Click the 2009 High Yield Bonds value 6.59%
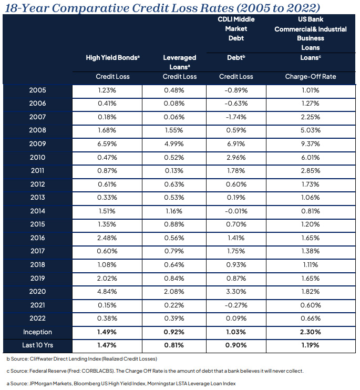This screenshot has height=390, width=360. pos(107,144)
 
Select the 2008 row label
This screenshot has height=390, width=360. pos(37,130)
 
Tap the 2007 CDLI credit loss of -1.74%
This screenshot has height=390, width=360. pos(236,117)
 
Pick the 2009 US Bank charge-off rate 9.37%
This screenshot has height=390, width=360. pos(310,144)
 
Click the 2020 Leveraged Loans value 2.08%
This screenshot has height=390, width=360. pos(174,292)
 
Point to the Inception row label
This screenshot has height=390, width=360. pos(37,332)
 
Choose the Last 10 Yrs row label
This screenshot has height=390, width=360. pos(37,345)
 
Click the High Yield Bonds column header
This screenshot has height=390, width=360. pos(112,58)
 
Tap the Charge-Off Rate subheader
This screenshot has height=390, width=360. pos(311,77)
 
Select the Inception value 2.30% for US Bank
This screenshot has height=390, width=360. pos(310,332)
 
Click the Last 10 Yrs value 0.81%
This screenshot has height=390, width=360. pos(174,345)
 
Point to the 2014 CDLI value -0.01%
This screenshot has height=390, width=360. pos(236,211)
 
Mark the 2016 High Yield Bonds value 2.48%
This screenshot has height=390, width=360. pos(107,238)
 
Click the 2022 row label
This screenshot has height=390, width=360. pos(37,319)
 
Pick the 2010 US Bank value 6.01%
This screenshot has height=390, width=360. pos(310,158)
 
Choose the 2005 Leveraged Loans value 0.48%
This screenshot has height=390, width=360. pos(174,90)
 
